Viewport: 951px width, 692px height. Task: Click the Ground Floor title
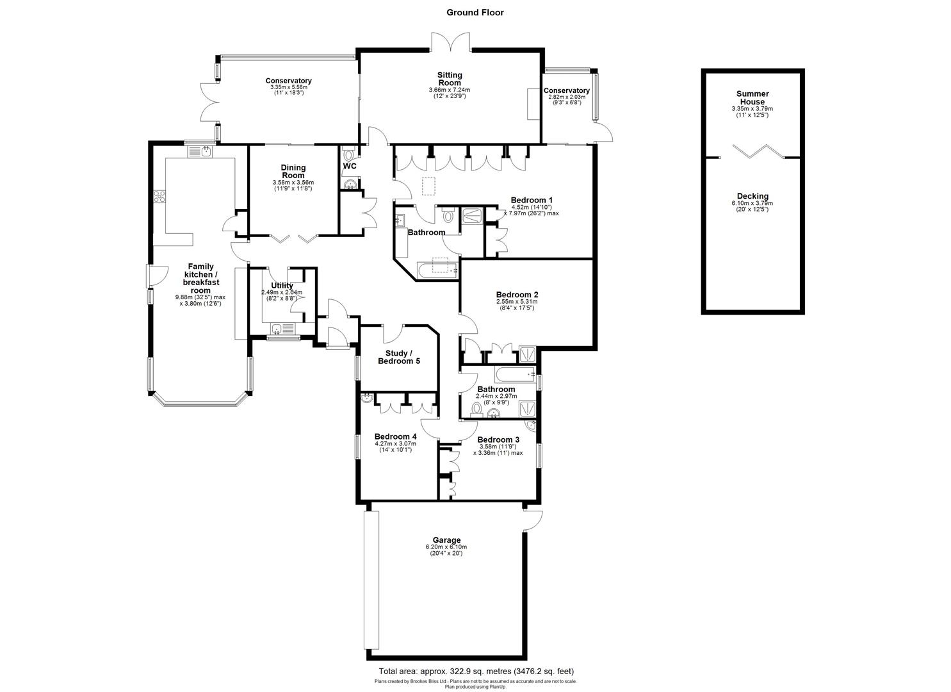pyautogui.click(x=475, y=12)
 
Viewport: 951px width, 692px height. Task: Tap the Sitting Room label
pyautogui.click(x=449, y=79)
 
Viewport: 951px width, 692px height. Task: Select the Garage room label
pyautogui.click(x=446, y=540)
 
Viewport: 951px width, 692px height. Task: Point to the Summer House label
pyautogui.click(x=752, y=97)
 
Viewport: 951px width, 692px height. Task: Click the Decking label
pyautogui.click(x=752, y=196)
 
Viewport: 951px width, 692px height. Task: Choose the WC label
pyautogui.click(x=350, y=167)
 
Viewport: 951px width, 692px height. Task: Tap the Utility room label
pyautogui.click(x=282, y=286)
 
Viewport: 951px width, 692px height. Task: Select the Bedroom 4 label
pyautogui.click(x=395, y=436)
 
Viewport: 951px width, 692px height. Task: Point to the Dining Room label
pyautogui.click(x=293, y=171)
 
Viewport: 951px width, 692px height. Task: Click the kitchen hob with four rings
pyautogui.click(x=159, y=197)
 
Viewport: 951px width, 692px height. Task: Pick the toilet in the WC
pyautogui.click(x=348, y=154)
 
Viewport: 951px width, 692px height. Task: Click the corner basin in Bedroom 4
pyautogui.click(x=367, y=399)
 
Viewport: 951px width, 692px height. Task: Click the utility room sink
pyautogui.click(x=277, y=330)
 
